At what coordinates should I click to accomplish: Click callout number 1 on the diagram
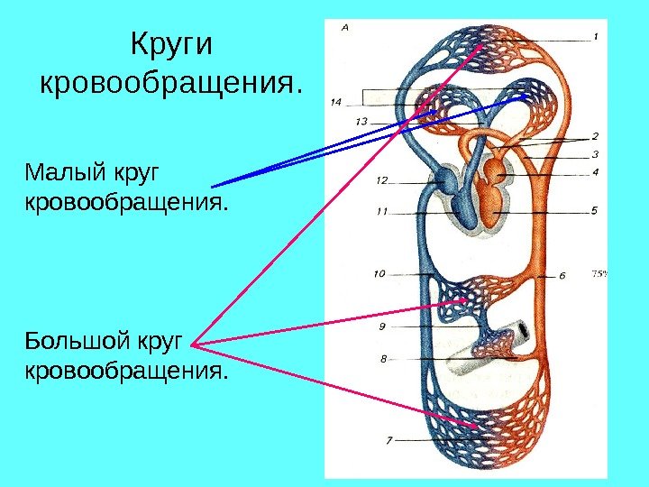click(596, 37)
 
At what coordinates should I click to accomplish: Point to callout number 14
click(337, 100)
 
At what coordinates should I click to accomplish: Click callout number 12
click(381, 180)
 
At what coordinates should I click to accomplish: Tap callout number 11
click(381, 213)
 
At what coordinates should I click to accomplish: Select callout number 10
click(379, 272)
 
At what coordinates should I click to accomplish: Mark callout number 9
click(382, 326)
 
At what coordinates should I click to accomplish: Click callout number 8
click(383, 358)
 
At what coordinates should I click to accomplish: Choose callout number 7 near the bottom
click(388, 441)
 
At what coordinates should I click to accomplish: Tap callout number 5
click(595, 212)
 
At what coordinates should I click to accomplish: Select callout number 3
click(596, 154)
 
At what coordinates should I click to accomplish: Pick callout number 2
click(595, 137)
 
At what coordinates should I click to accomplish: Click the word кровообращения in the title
click(169, 85)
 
